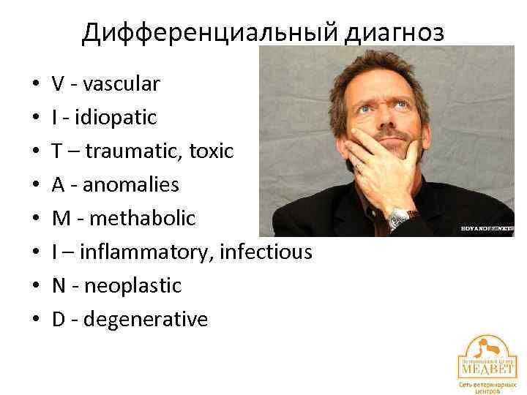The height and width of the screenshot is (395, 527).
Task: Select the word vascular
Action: tap(121, 84)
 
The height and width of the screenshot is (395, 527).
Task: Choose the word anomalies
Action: tap(131, 184)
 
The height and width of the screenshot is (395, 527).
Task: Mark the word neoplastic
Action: tap(132, 285)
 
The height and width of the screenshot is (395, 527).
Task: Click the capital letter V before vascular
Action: tap(58, 84)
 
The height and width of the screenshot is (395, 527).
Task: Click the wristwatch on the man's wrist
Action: tap(400, 216)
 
